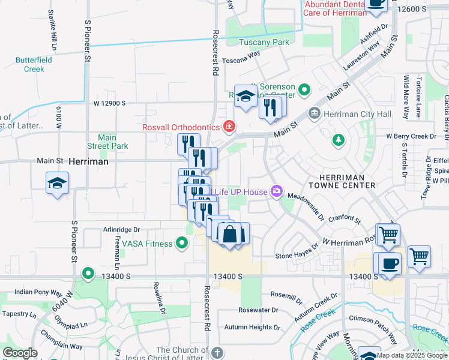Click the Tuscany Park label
click(x=264, y=42)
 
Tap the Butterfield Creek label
click(x=34, y=65)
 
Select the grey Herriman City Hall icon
click(x=314, y=113)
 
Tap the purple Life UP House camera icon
click(x=276, y=190)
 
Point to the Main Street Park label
click(x=107, y=142)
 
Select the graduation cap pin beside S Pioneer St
click(x=58, y=184)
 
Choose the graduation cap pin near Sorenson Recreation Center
click(x=246, y=97)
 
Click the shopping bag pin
click(x=230, y=233)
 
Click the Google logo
click(x=20, y=353)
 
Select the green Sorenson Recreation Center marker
click(x=304, y=90)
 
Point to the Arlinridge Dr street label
click(x=121, y=229)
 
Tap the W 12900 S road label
click(x=109, y=103)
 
